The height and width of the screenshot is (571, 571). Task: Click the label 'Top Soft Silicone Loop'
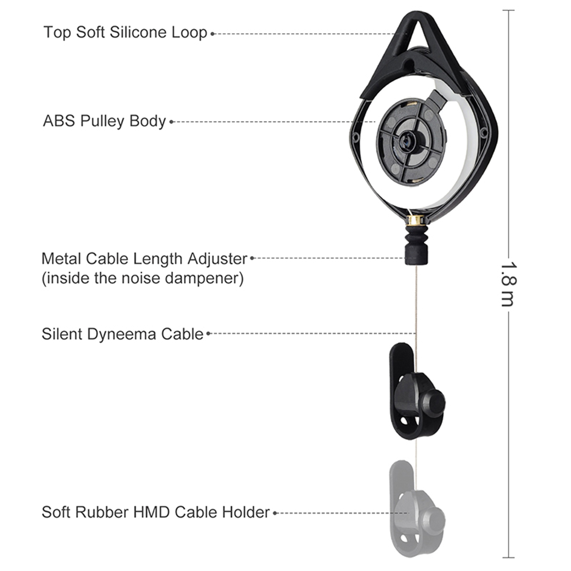click(125, 32)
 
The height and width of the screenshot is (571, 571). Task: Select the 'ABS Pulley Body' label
click(104, 121)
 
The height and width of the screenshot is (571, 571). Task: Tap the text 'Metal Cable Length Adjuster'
click(144, 259)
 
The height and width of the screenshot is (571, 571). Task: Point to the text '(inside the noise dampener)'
click(143, 278)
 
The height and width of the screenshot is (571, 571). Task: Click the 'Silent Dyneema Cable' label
click(122, 334)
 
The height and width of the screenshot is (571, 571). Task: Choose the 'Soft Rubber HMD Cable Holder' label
click(156, 512)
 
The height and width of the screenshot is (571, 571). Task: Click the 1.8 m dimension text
click(508, 284)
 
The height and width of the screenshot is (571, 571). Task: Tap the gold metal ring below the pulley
click(416, 220)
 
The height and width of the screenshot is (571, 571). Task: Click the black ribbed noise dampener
click(416, 246)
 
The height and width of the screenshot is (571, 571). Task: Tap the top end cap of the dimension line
click(508, 10)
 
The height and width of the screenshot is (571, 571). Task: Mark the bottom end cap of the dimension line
click(508, 557)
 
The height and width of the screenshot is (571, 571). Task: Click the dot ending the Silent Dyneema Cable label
click(208, 334)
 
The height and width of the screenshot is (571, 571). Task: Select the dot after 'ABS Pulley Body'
click(171, 122)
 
